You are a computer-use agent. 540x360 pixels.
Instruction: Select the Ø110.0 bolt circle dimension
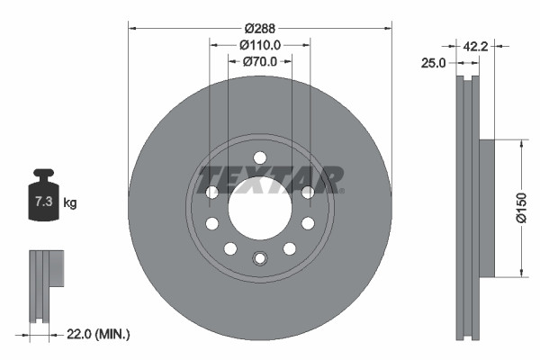[x=260, y=44]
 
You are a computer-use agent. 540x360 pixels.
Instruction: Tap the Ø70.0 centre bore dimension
[x=260, y=62]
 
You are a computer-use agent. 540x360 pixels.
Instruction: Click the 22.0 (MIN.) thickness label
[x=98, y=334]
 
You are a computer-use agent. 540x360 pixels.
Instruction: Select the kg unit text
[x=70, y=202]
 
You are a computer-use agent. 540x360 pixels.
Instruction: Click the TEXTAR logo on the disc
[x=270, y=177]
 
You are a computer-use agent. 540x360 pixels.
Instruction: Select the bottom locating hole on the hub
[x=260, y=259]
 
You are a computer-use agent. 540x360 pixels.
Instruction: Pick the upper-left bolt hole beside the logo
[x=212, y=192]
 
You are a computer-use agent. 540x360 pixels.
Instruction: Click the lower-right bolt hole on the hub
[x=290, y=248]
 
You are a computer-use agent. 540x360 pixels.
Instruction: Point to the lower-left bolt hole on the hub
[x=230, y=248]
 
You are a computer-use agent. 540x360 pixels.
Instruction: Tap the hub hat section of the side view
[x=486, y=207]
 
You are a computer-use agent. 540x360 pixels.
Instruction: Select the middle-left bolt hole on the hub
[x=212, y=223]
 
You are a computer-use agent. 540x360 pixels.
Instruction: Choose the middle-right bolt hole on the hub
[x=308, y=223]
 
